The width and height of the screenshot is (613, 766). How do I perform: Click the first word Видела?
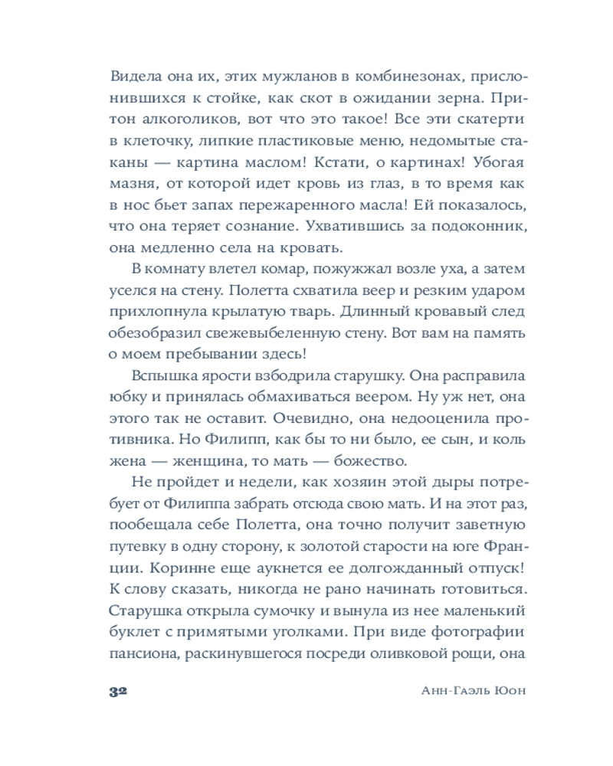136,77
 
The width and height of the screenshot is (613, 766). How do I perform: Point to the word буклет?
132,633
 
